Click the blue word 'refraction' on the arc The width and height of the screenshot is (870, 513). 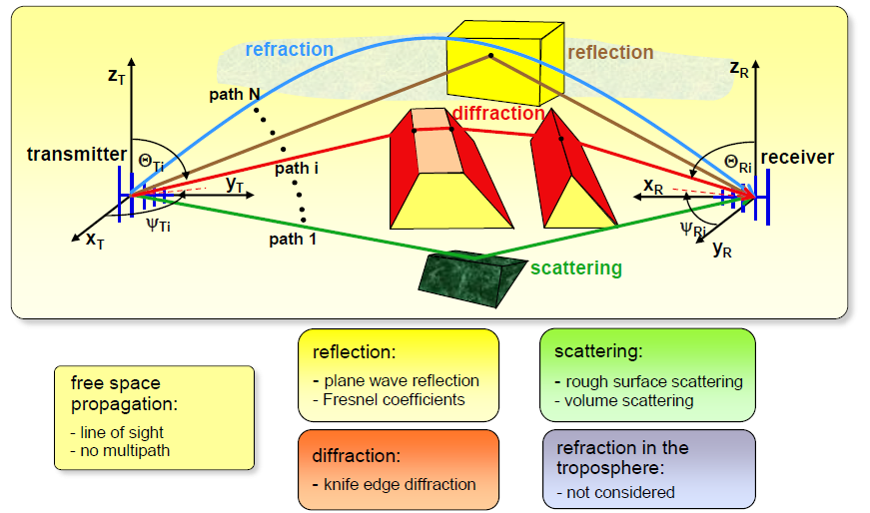pos(289,49)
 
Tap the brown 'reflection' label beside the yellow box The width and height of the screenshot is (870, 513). pos(610,53)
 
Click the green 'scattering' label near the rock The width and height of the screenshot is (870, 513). pos(576,267)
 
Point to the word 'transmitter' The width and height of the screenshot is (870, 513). pos(77,154)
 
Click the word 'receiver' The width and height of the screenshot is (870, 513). pos(797,158)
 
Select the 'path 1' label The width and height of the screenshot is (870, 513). pos(293,240)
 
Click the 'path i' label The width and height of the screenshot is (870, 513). pos(297,169)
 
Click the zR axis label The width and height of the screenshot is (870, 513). pos(740,68)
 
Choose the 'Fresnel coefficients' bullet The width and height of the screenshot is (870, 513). pos(394,399)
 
